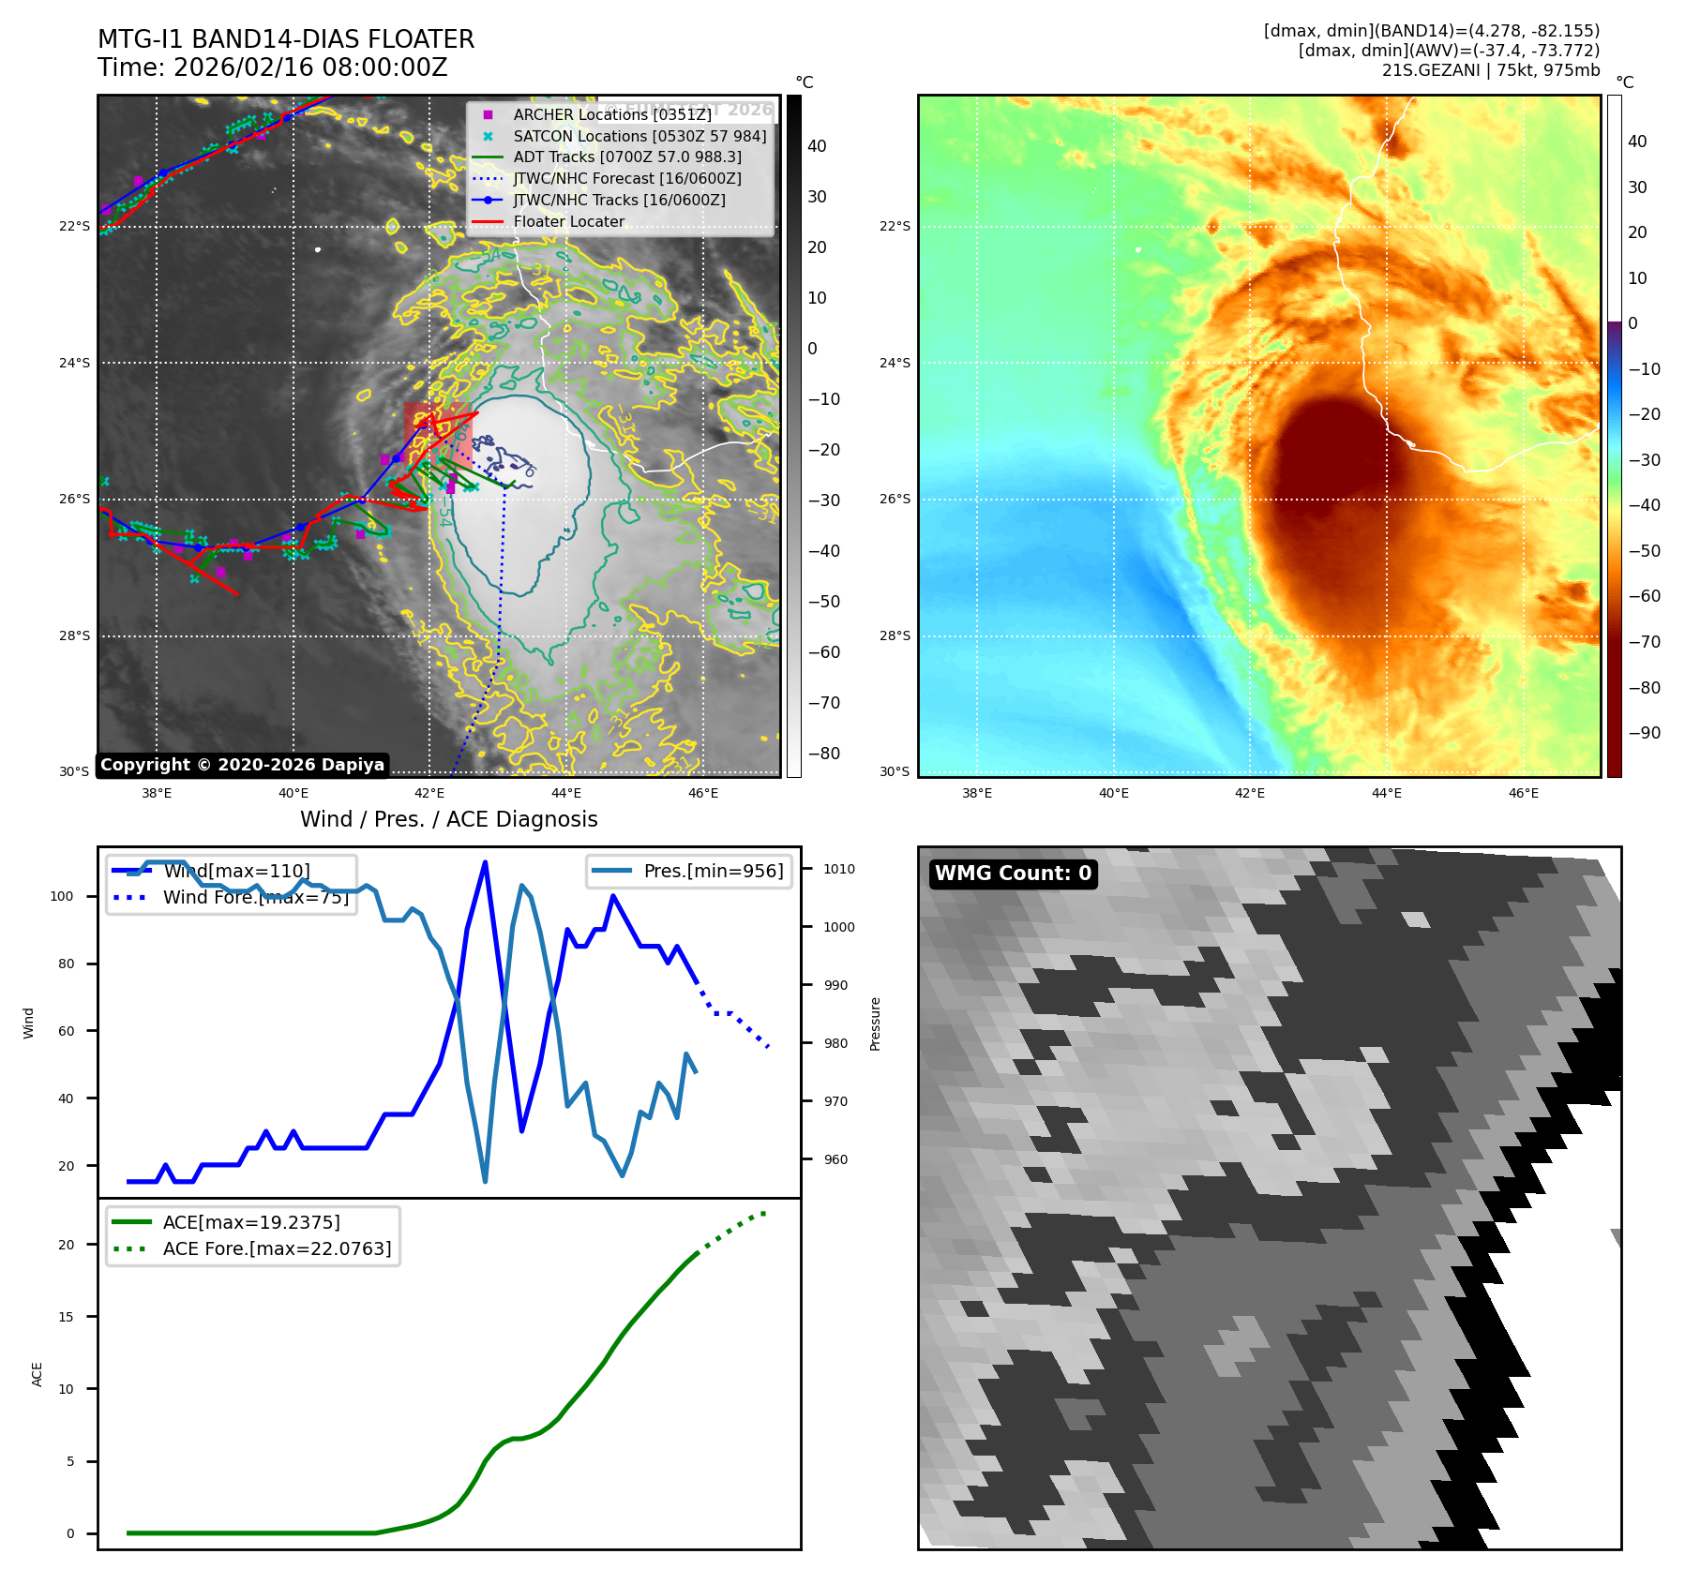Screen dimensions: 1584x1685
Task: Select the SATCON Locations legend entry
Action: coord(639,136)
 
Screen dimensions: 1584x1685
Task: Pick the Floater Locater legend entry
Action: coord(568,221)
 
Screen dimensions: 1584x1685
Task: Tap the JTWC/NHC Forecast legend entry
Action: coord(626,178)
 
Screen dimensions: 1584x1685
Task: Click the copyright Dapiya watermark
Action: coord(242,765)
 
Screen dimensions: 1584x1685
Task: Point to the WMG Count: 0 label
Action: coord(1013,874)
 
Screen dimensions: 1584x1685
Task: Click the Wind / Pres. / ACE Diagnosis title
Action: coord(448,819)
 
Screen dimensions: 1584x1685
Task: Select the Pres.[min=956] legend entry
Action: coord(713,871)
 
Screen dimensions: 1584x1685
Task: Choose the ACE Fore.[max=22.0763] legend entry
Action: coord(277,1248)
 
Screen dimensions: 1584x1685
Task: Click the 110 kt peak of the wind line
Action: coord(485,862)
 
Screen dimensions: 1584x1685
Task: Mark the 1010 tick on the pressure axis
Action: coord(839,869)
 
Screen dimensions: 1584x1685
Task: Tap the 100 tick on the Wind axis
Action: coord(62,896)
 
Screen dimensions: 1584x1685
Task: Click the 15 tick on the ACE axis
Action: coord(66,1317)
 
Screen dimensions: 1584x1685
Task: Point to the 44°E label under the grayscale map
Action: coord(566,793)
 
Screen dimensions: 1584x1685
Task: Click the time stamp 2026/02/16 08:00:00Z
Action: coord(310,67)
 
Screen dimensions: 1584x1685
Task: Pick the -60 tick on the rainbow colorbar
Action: coord(1644,596)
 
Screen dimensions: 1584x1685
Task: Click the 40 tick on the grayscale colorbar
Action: coord(817,146)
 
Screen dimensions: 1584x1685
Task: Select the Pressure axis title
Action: coord(875,1024)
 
